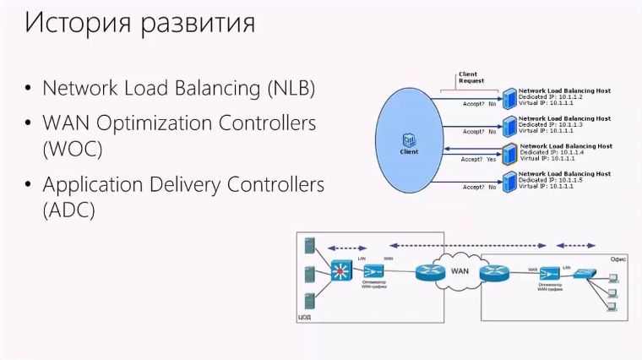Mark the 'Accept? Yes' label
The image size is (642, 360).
(478, 159)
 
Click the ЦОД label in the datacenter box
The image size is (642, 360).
(305, 318)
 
